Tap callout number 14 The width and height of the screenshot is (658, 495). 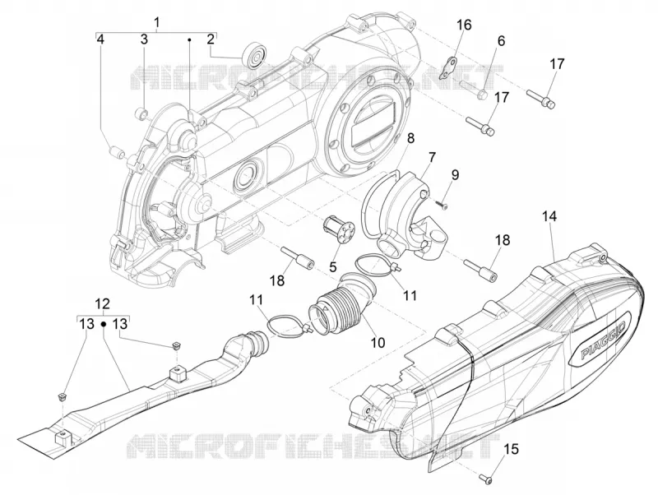click(549, 216)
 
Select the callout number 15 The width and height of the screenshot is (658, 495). click(511, 449)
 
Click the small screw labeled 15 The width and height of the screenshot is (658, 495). click(486, 479)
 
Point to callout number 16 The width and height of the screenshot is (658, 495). click(464, 25)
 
